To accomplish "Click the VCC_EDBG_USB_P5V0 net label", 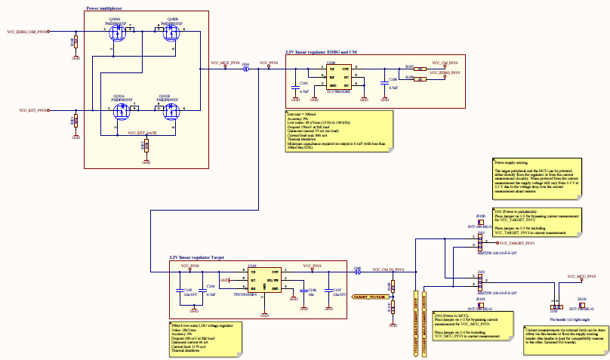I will (x=27, y=32).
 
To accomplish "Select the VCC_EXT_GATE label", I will (x=142, y=132).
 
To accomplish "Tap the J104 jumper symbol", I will (x=245, y=69).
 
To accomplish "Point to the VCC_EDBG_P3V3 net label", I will (x=445, y=72).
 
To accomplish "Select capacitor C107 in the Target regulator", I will (x=329, y=291).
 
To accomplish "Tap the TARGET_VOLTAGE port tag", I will (x=369, y=298).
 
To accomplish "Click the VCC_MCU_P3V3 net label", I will (x=571, y=276).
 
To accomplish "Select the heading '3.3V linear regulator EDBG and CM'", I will (x=322, y=52).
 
